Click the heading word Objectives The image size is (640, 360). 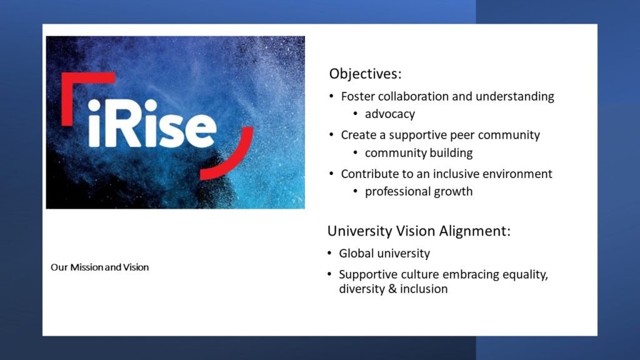(x=365, y=74)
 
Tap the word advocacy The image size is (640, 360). (x=390, y=114)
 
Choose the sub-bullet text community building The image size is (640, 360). (x=419, y=153)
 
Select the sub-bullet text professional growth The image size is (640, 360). (x=419, y=192)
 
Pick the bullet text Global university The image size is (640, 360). (x=384, y=254)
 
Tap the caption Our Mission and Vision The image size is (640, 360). (x=99, y=267)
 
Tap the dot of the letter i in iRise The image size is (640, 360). (x=94, y=105)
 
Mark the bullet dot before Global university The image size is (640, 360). (x=329, y=254)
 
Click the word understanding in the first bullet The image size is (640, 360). (x=515, y=96)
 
